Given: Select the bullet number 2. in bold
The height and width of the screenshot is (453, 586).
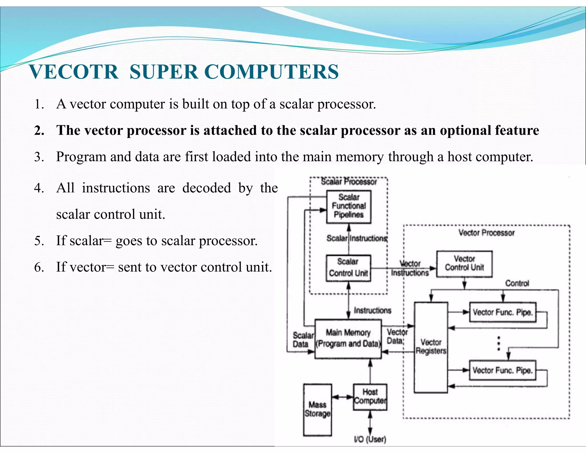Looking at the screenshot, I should click(x=39, y=131).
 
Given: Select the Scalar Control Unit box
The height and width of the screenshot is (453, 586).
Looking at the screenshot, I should click(x=348, y=268).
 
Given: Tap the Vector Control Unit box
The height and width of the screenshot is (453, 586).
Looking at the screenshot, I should click(x=464, y=264).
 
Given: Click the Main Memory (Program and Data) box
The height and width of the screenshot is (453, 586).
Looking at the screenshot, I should click(x=348, y=339).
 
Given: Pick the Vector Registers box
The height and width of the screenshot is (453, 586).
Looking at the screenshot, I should click(x=431, y=347).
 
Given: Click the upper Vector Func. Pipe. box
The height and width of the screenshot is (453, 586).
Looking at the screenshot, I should click(x=503, y=312).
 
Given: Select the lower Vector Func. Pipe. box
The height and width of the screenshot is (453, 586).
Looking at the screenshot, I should click(x=502, y=370).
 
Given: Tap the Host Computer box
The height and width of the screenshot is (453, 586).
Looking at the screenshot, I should click(x=370, y=397).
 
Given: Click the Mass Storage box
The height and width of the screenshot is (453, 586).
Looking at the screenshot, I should click(x=317, y=409).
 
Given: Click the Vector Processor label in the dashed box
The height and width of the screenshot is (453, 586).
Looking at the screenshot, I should click(x=486, y=233).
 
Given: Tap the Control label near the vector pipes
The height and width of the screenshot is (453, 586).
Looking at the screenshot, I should click(x=517, y=283).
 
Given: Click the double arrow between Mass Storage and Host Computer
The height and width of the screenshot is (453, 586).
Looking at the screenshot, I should click(x=343, y=397).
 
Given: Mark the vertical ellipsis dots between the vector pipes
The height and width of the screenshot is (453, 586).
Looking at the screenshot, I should click(x=498, y=343).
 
